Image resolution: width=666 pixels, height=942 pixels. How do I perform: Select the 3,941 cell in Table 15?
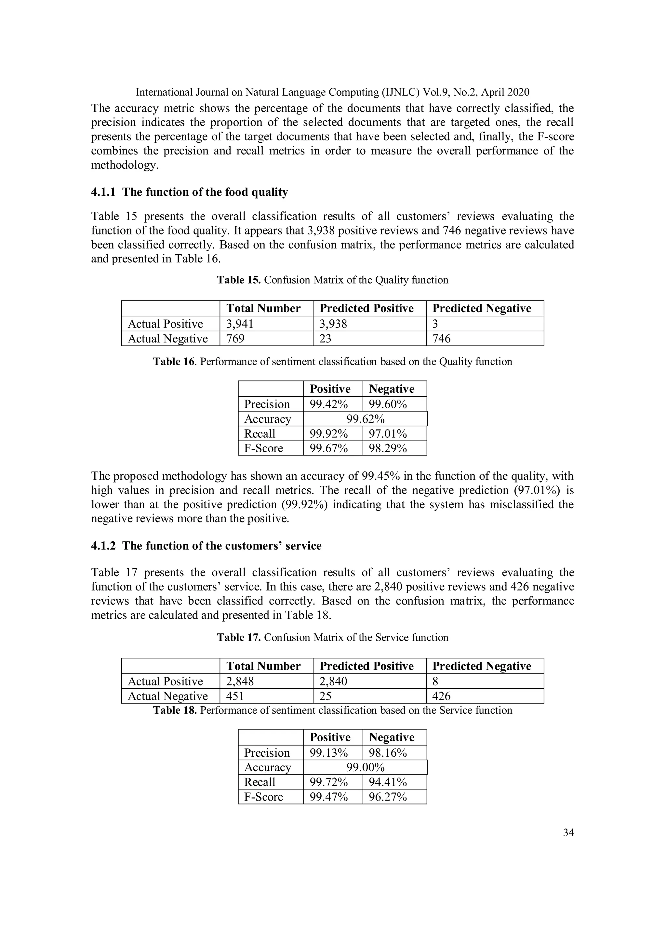240,324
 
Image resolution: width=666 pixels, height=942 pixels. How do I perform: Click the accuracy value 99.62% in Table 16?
365,419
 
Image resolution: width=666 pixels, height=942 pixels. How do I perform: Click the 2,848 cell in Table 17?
240,682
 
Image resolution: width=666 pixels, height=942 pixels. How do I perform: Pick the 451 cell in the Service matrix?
235,696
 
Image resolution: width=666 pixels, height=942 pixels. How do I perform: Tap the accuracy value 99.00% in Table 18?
365,767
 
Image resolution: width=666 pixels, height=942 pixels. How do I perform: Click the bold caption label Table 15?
238,280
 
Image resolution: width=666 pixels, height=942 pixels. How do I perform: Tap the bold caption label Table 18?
175,710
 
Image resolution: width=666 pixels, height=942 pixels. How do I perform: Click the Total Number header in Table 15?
263,309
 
